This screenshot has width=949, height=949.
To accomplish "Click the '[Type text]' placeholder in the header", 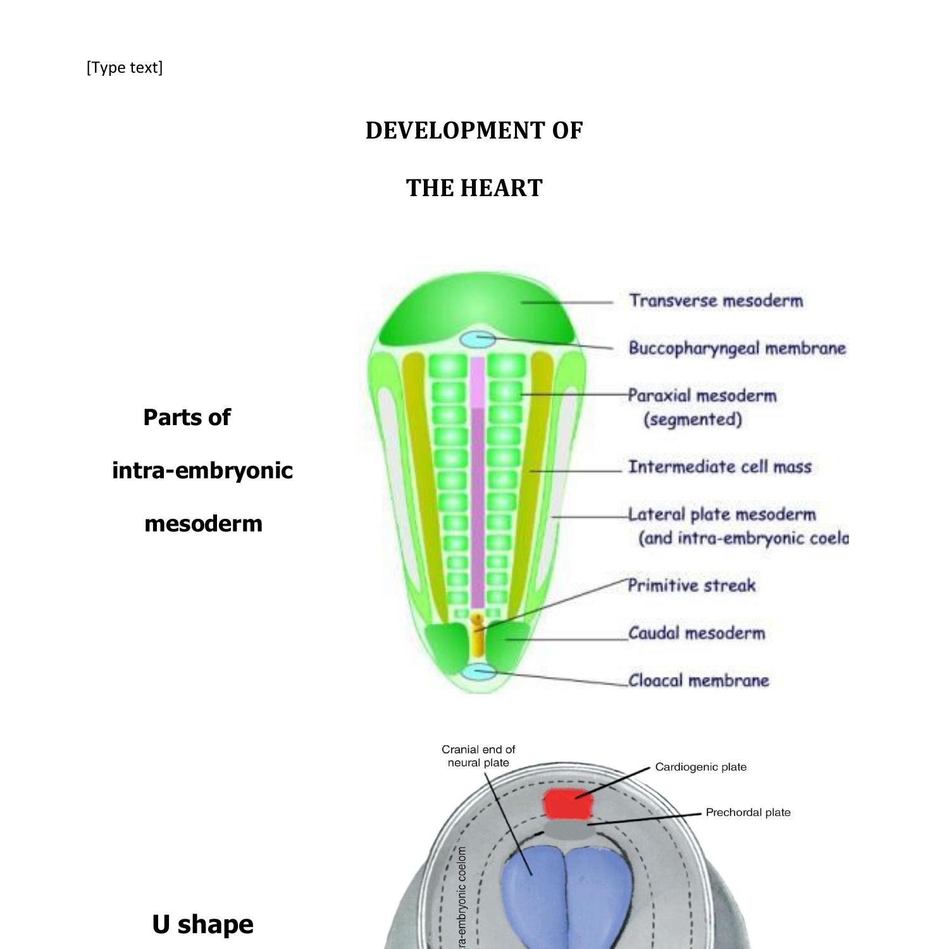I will [x=125, y=68].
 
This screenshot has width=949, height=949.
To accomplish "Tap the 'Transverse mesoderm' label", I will [x=716, y=301].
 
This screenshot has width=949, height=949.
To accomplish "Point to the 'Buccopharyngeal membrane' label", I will [x=736, y=348].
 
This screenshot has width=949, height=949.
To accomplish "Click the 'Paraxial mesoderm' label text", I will [x=702, y=396].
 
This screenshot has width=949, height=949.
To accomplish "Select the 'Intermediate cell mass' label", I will [x=719, y=467].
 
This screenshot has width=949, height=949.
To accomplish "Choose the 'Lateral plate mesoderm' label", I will [x=722, y=514].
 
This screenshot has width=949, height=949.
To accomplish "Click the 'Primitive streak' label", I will [x=692, y=585].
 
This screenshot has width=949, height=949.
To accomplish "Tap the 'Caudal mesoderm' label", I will [x=696, y=633].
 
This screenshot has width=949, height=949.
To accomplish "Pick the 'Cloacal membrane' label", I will [x=698, y=681].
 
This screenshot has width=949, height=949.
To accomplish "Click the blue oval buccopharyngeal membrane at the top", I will [x=478, y=339].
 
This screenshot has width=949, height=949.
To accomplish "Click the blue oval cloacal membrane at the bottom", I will [x=478, y=672].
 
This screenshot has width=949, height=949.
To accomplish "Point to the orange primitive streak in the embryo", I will [x=478, y=636].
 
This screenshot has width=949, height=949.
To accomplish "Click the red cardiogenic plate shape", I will [x=569, y=804].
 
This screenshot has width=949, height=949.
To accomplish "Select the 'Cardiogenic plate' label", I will [x=700, y=767].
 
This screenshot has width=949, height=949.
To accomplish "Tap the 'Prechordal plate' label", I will [x=748, y=812].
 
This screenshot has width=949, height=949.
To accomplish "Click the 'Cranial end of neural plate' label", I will [x=478, y=756].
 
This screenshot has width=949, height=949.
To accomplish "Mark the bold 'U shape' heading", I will [x=202, y=924].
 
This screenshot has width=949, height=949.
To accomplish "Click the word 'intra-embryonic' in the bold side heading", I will [x=202, y=471].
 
